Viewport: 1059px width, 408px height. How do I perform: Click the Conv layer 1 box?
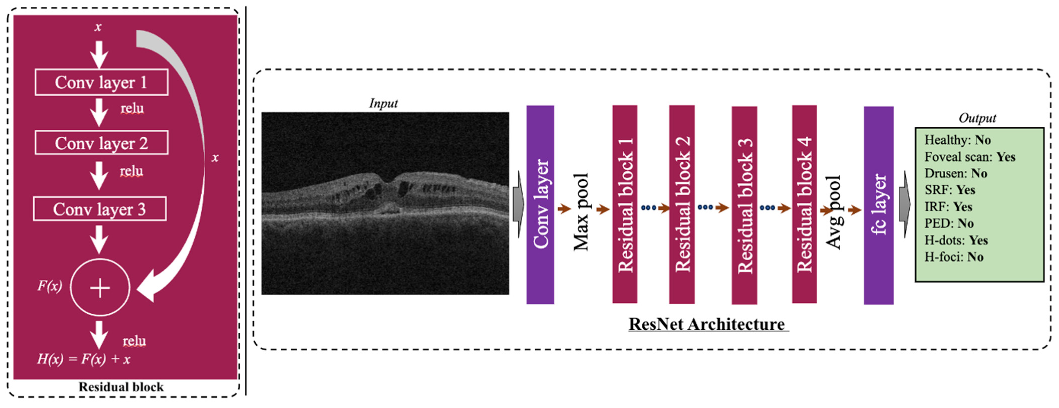(101, 82)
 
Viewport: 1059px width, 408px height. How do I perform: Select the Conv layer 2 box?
(101, 143)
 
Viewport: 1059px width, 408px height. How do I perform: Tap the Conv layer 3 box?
(99, 209)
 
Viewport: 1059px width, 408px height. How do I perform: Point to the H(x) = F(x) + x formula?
(83, 359)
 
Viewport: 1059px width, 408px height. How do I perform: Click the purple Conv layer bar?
(540, 205)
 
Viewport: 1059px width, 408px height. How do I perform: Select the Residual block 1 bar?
(625, 205)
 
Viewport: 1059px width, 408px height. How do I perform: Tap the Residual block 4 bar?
(804, 205)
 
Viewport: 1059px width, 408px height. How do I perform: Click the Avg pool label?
(834, 212)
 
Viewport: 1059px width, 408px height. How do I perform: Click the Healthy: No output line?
(958, 140)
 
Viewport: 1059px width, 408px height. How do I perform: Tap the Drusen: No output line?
(956, 173)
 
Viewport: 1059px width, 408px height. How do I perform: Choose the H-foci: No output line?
(954, 257)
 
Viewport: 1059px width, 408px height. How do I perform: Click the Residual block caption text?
(121, 387)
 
